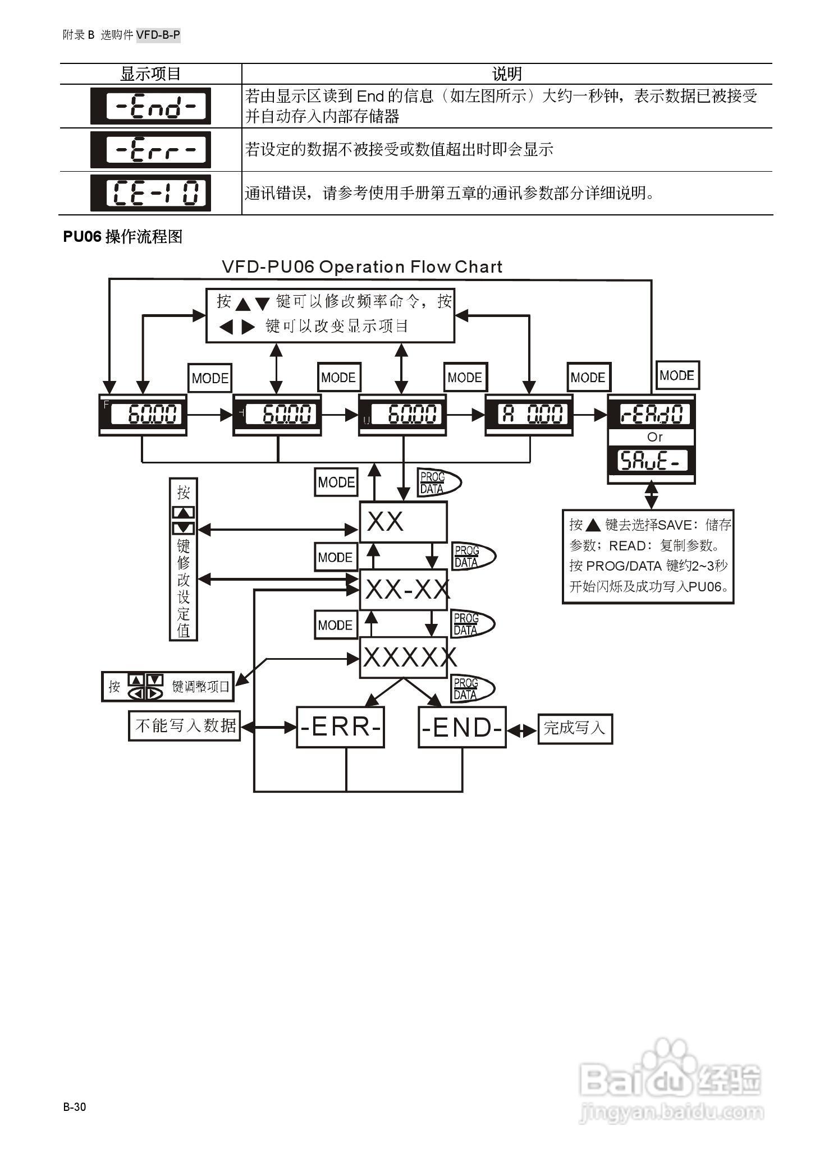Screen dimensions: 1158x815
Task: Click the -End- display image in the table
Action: click(x=150, y=106)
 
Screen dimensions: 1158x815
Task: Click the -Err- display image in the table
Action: click(x=150, y=150)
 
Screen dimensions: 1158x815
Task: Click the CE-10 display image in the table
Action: click(x=150, y=193)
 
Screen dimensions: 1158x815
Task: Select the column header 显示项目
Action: click(x=150, y=74)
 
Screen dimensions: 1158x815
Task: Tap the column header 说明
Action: click(x=506, y=74)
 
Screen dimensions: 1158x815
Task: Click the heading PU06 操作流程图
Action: click(x=123, y=237)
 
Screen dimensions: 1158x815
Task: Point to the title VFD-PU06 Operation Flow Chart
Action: click(x=362, y=267)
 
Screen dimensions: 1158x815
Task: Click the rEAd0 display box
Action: click(x=651, y=414)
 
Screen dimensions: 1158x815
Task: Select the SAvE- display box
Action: click(x=651, y=461)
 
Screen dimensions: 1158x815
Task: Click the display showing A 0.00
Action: click(x=529, y=415)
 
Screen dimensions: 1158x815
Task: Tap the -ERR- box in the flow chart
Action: click(x=340, y=727)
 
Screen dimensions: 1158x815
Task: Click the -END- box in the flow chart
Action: click(x=462, y=728)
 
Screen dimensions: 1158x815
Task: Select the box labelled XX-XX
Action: click(x=404, y=590)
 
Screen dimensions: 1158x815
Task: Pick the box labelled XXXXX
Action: click(x=404, y=658)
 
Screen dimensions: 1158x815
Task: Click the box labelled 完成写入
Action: click(x=575, y=728)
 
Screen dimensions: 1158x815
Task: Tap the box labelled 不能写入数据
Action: click(x=185, y=725)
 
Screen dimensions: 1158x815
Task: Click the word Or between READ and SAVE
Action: click(x=654, y=437)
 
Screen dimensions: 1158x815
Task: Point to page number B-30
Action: click(x=75, y=1107)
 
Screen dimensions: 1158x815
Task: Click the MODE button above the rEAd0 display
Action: click(x=677, y=375)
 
